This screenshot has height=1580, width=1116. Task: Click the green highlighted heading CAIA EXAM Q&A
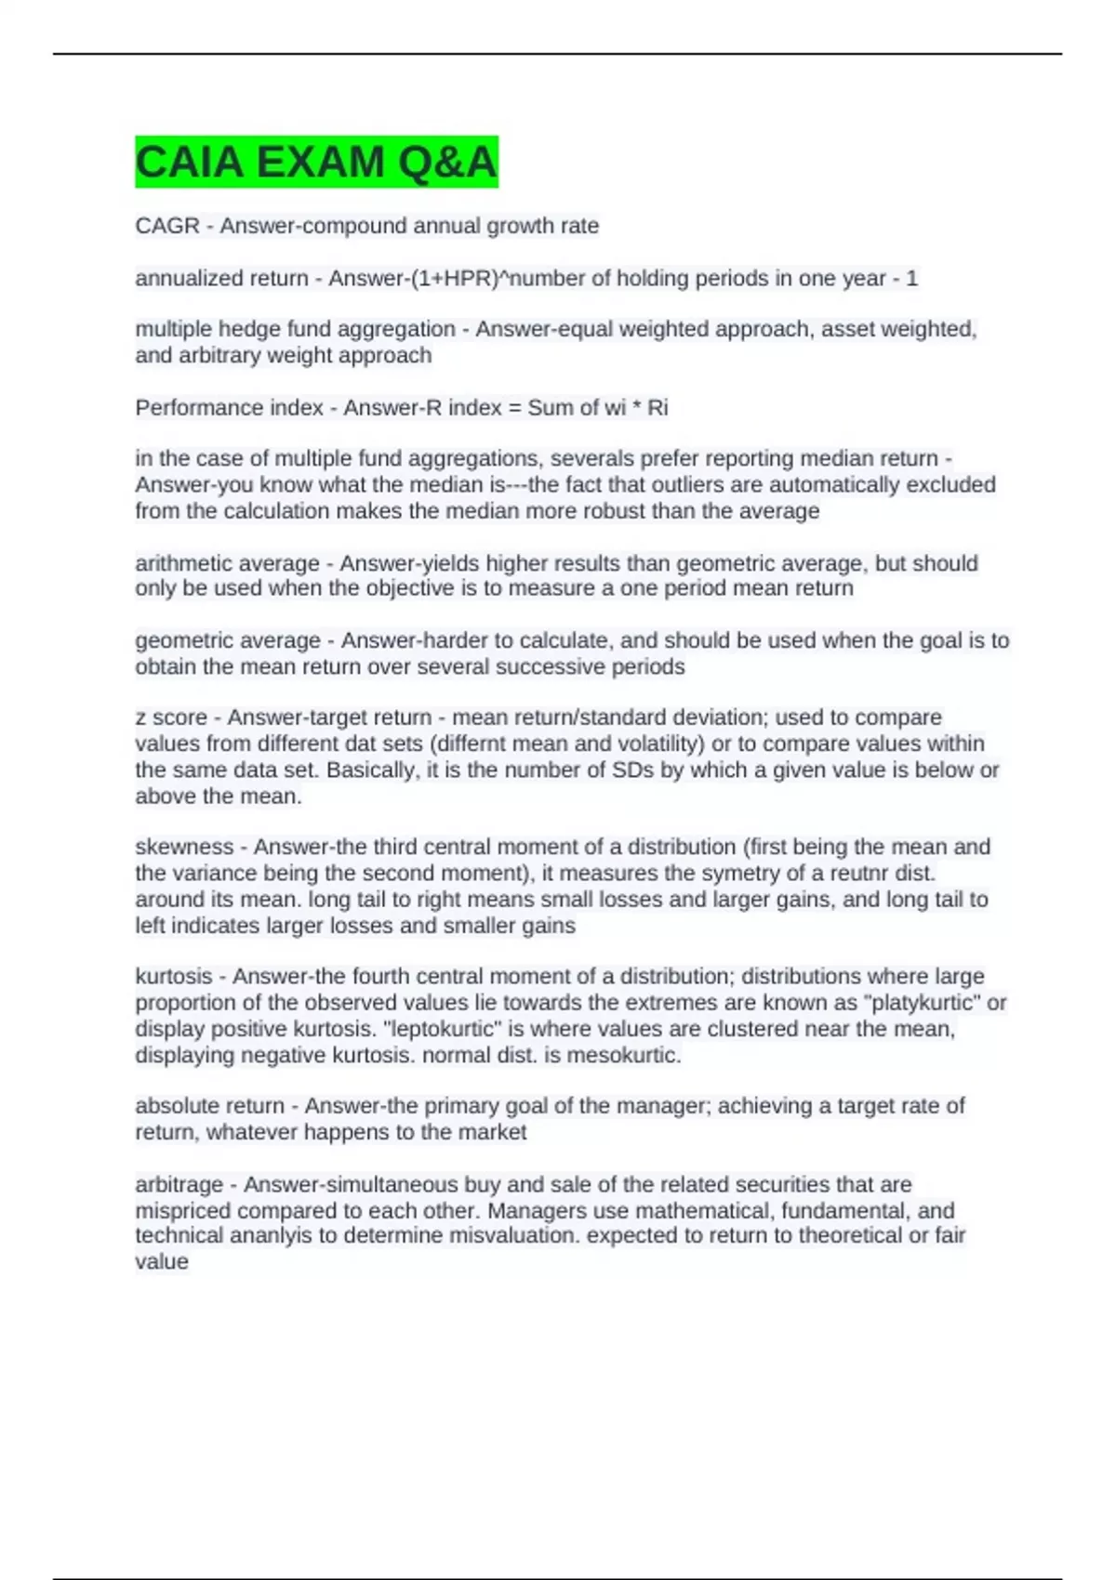tap(316, 162)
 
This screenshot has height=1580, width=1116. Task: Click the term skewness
tap(184, 847)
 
